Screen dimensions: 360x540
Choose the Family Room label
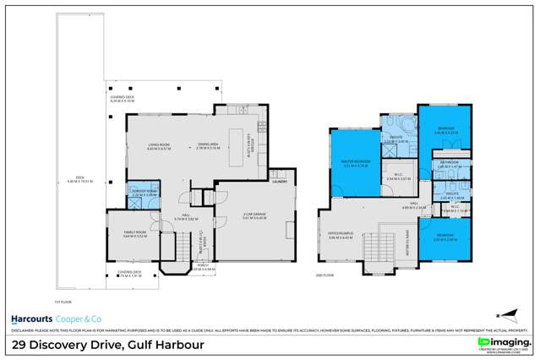pos(135,234)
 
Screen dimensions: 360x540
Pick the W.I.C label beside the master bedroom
pos(399,177)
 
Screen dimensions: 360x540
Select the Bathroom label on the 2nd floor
pos(448,164)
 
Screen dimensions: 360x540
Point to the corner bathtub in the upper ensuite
pos(405,127)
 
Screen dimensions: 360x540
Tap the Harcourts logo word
pos(33,319)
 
